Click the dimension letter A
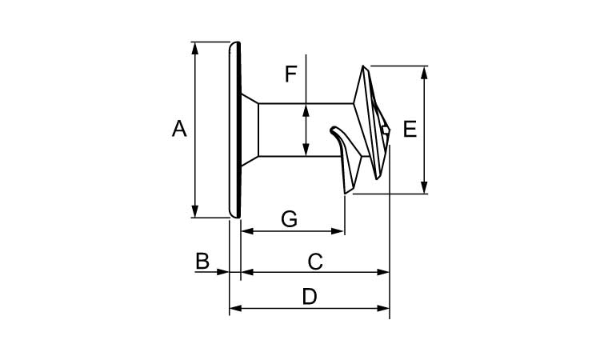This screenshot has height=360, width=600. pyautogui.click(x=179, y=129)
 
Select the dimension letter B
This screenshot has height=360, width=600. pyautogui.click(x=202, y=261)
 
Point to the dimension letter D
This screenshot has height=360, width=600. pyautogui.click(x=310, y=297)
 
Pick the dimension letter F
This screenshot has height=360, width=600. pyautogui.click(x=291, y=74)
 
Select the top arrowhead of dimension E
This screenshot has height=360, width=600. pyautogui.click(x=424, y=72)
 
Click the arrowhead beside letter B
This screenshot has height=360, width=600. pyautogui.click(x=224, y=272)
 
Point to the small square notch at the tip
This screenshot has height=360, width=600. pyautogui.click(x=386, y=130)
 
